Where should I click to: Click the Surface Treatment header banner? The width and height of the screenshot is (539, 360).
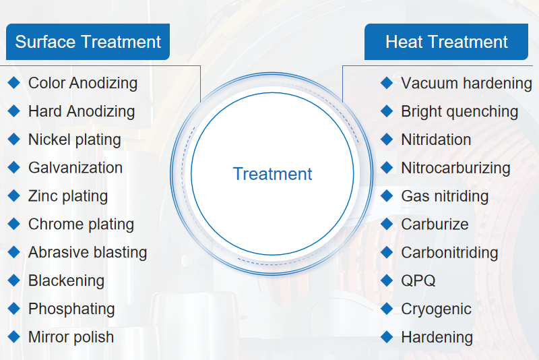pyautogui.click(x=88, y=42)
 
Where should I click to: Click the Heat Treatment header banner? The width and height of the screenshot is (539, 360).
pyautogui.click(x=446, y=42)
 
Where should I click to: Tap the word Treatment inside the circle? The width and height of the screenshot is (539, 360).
pyautogui.click(x=273, y=174)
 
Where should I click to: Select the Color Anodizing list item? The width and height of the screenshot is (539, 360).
pyautogui.click(x=83, y=84)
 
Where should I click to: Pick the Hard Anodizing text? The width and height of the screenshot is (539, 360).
pyautogui.click(x=82, y=112)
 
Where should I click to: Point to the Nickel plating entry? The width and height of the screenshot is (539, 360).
pyautogui.click(x=75, y=140)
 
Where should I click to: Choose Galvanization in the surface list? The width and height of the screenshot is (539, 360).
pyautogui.click(x=75, y=168)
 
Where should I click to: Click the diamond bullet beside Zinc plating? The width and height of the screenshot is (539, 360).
pyautogui.click(x=13, y=196)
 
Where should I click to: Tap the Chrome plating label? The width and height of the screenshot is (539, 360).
pyautogui.click(x=81, y=224)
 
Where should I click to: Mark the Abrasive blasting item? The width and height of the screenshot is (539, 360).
pyautogui.click(x=88, y=252)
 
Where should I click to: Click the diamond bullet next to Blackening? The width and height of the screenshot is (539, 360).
pyautogui.click(x=13, y=280)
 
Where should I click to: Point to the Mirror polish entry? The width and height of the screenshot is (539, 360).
pyautogui.click(x=71, y=337)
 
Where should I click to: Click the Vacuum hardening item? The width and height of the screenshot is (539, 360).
pyautogui.click(x=466, y=84)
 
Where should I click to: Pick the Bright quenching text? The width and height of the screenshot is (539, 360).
pyautogui.click(x=459, y=112)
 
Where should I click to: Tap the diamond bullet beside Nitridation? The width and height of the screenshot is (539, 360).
pyautogui.click(x=387, y=140)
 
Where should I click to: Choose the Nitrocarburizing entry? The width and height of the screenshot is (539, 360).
pyautogui.click(x=455, y=168)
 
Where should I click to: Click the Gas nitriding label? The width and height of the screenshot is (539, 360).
pyautogui.click(x=445, y=196)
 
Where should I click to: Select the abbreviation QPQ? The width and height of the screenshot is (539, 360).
pyautogui.click(x=418, y=280)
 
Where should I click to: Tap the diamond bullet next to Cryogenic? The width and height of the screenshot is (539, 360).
pyautogui.click(x=387, y=308)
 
